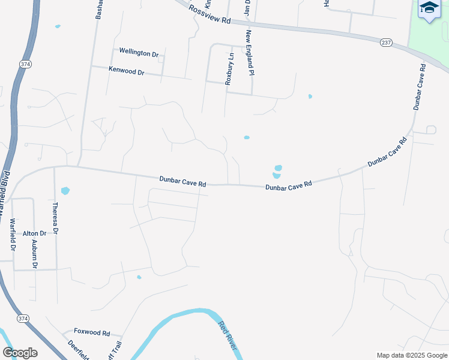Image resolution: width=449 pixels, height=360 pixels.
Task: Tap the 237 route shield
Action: tap(387, 42)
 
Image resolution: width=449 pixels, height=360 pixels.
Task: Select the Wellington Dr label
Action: tap(139, 53)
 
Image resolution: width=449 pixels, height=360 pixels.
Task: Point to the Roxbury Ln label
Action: tap(229, 68)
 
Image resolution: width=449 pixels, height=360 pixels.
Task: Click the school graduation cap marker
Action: tap(429, 8)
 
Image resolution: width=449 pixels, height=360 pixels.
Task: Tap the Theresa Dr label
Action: tap(55, 218)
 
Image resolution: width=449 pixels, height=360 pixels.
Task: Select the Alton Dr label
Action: tap(34, 233)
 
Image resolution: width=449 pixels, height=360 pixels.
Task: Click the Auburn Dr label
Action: tap(35, 254)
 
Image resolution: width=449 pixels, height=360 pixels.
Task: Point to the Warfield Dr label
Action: tap(13, 235)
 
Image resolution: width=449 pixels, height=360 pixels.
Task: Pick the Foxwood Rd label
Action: tap(92, 332)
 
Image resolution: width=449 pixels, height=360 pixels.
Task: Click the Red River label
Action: tap(228, 336)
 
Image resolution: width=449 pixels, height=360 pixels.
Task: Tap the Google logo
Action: tap(20, 353)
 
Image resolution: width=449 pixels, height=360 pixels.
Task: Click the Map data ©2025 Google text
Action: tap(411, 355)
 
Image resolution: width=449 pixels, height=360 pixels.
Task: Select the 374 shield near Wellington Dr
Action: tap(25, 63)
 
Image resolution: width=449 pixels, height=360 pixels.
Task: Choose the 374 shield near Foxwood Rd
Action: tap(23, 318)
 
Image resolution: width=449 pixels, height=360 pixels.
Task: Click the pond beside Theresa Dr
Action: tap(65, 191)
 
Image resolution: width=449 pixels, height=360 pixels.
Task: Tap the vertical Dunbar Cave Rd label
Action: tap(419, 86)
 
